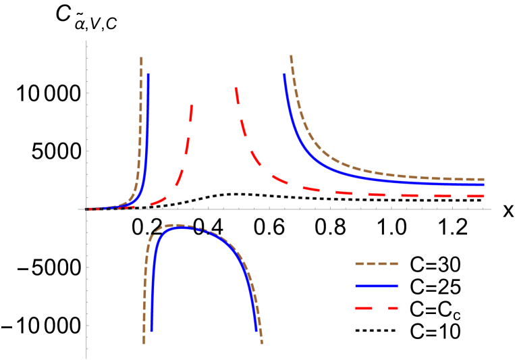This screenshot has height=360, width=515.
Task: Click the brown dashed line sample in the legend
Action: click(377, 264)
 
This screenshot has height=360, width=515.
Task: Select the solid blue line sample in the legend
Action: click(377, 286)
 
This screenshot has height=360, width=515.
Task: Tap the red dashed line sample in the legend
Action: click(377, 309)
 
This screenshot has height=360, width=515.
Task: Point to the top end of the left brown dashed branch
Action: click(141, 57)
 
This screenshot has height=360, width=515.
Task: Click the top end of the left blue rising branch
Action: click(148, 74)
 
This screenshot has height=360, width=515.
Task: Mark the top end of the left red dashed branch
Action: click(192, 105)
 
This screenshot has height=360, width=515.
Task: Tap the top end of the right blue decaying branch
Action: click(284, 74)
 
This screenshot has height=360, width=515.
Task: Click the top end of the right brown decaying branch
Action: click(291, 55)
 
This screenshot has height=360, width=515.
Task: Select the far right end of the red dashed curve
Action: click(485, 197)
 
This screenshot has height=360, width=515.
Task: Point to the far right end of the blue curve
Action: click(485, 184)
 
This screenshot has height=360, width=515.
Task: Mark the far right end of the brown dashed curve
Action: click(485, 179)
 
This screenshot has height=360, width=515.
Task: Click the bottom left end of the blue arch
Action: click(151, 331)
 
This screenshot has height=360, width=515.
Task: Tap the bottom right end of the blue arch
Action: click(256, 331)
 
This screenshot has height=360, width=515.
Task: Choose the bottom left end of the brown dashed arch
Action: click(144, 344)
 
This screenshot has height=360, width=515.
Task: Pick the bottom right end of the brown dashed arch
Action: click(262, 344)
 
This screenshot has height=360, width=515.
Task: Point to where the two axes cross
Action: click(86, 209)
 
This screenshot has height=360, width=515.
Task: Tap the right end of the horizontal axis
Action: click(491, 209)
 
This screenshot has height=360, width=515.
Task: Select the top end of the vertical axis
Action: click(86, 41)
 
